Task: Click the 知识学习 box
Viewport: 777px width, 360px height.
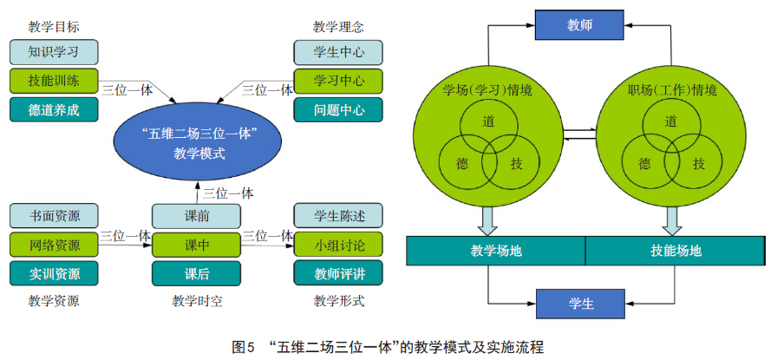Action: click(x=54, y=51)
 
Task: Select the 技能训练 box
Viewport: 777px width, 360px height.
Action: click(x=54, y=81)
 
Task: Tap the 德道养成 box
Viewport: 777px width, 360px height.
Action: click(x=54, y=110)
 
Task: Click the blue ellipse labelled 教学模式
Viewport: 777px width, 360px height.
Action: click(x=200, y=141)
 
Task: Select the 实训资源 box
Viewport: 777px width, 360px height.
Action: click(x=54, y=273)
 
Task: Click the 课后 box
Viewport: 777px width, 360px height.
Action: click(x=197, y=273)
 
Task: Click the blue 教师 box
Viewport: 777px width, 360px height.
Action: click(x=580, y=26)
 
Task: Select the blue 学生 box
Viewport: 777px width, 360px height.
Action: click(x=580, y=304)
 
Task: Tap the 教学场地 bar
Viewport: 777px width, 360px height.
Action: click(x=496, y=251)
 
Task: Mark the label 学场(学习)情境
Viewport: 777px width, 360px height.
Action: click(x=487, y=90)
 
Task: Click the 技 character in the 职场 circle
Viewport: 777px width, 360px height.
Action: click(x=699, y=163)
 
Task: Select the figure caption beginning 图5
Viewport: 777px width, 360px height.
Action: click(x=388, y=347)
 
